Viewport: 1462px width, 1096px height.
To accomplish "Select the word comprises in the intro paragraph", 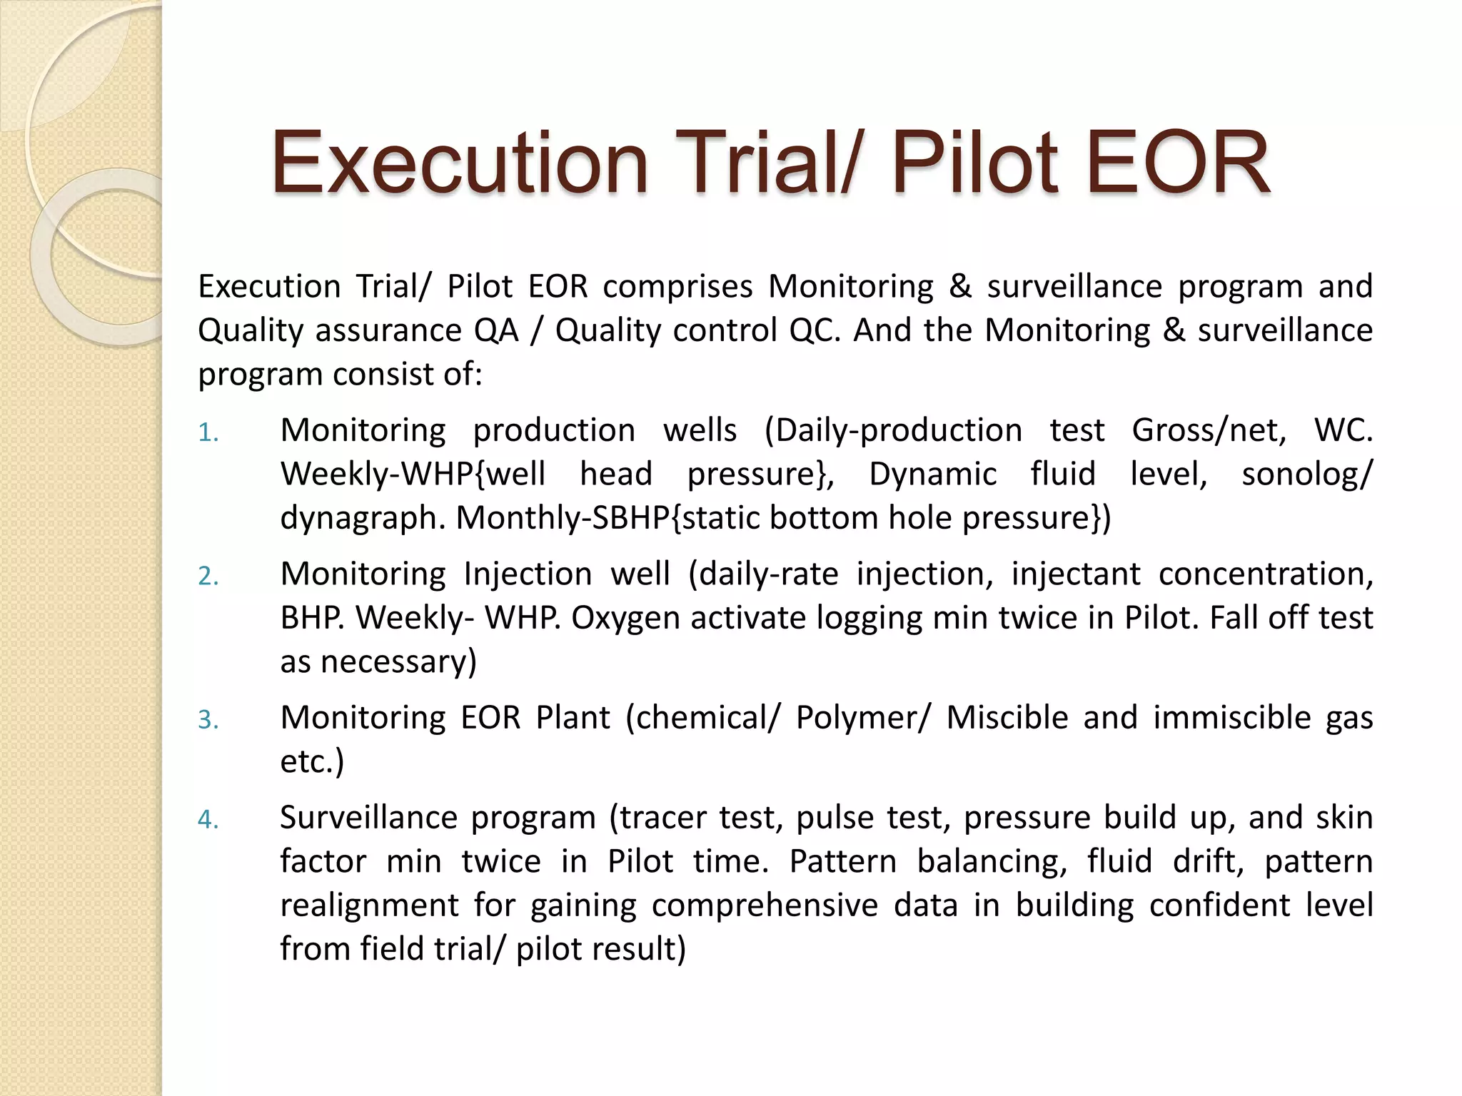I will point(677,287).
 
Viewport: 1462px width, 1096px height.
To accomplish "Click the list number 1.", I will point(207,433).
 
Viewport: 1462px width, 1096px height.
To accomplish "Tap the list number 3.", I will point(207,720).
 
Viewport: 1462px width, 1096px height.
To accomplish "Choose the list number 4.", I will point(207,820).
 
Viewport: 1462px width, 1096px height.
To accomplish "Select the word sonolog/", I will point(1307,475).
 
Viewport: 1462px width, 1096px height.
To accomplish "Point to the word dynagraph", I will point(363,519).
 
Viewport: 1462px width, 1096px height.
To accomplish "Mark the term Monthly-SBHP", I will point(563,519).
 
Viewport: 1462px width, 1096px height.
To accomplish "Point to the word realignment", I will point(369,905).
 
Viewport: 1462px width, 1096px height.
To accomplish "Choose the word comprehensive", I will point(765,905).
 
